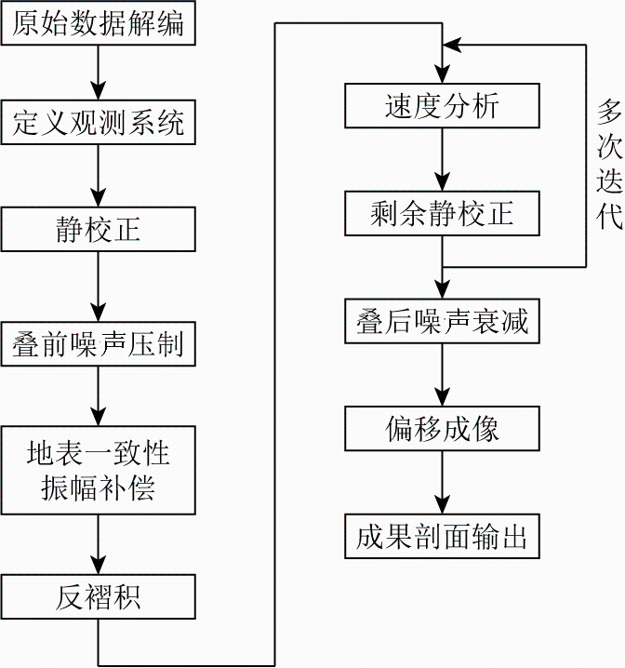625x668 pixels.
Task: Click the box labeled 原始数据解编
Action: click(98, 23)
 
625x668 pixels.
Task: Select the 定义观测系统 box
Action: click(98, 122)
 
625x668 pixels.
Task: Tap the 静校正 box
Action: click(98, 229)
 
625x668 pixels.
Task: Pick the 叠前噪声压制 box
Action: click(98, 344)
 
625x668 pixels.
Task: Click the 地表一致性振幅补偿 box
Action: click(98, 471)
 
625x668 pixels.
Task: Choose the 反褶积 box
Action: click(98, 596)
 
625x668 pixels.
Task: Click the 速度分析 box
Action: click(442, 106)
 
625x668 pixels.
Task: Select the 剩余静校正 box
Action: click(442, 213)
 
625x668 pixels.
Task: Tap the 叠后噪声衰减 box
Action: click(442, 321)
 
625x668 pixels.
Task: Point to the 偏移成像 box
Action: click(442, 429)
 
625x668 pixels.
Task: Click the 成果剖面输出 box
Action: click(442, 537)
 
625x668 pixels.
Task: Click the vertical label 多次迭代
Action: click(609, 165)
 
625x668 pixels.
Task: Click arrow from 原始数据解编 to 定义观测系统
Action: click(99, 73)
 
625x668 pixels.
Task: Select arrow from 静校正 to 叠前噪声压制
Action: click(99, 287)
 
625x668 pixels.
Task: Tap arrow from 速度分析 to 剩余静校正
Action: click(443, 160)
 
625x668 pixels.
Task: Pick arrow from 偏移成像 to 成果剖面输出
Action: click(443, 483)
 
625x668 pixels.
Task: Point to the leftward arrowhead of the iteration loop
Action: click(452, 45)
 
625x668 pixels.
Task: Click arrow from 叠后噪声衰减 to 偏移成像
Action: click(443, 375)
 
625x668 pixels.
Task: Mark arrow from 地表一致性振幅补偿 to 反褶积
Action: click(99, 544)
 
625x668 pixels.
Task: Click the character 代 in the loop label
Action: click(609, 217)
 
